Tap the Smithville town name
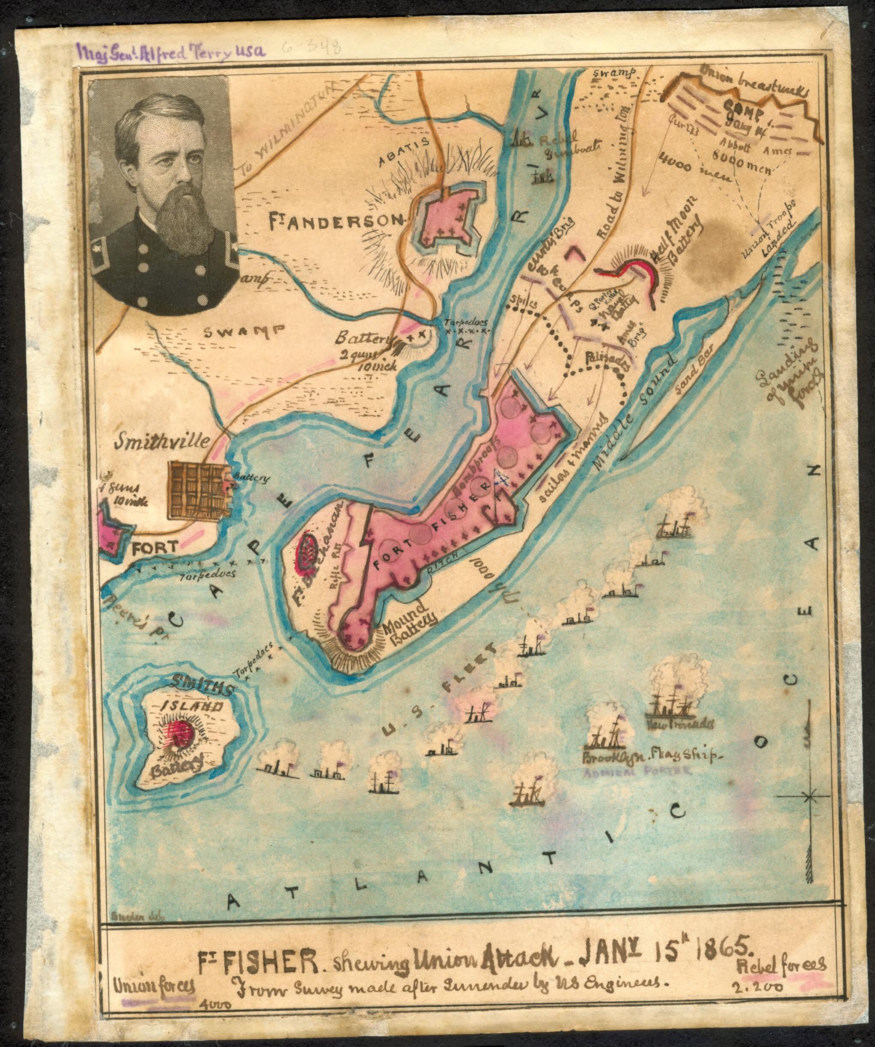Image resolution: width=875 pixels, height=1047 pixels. point(161,441)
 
